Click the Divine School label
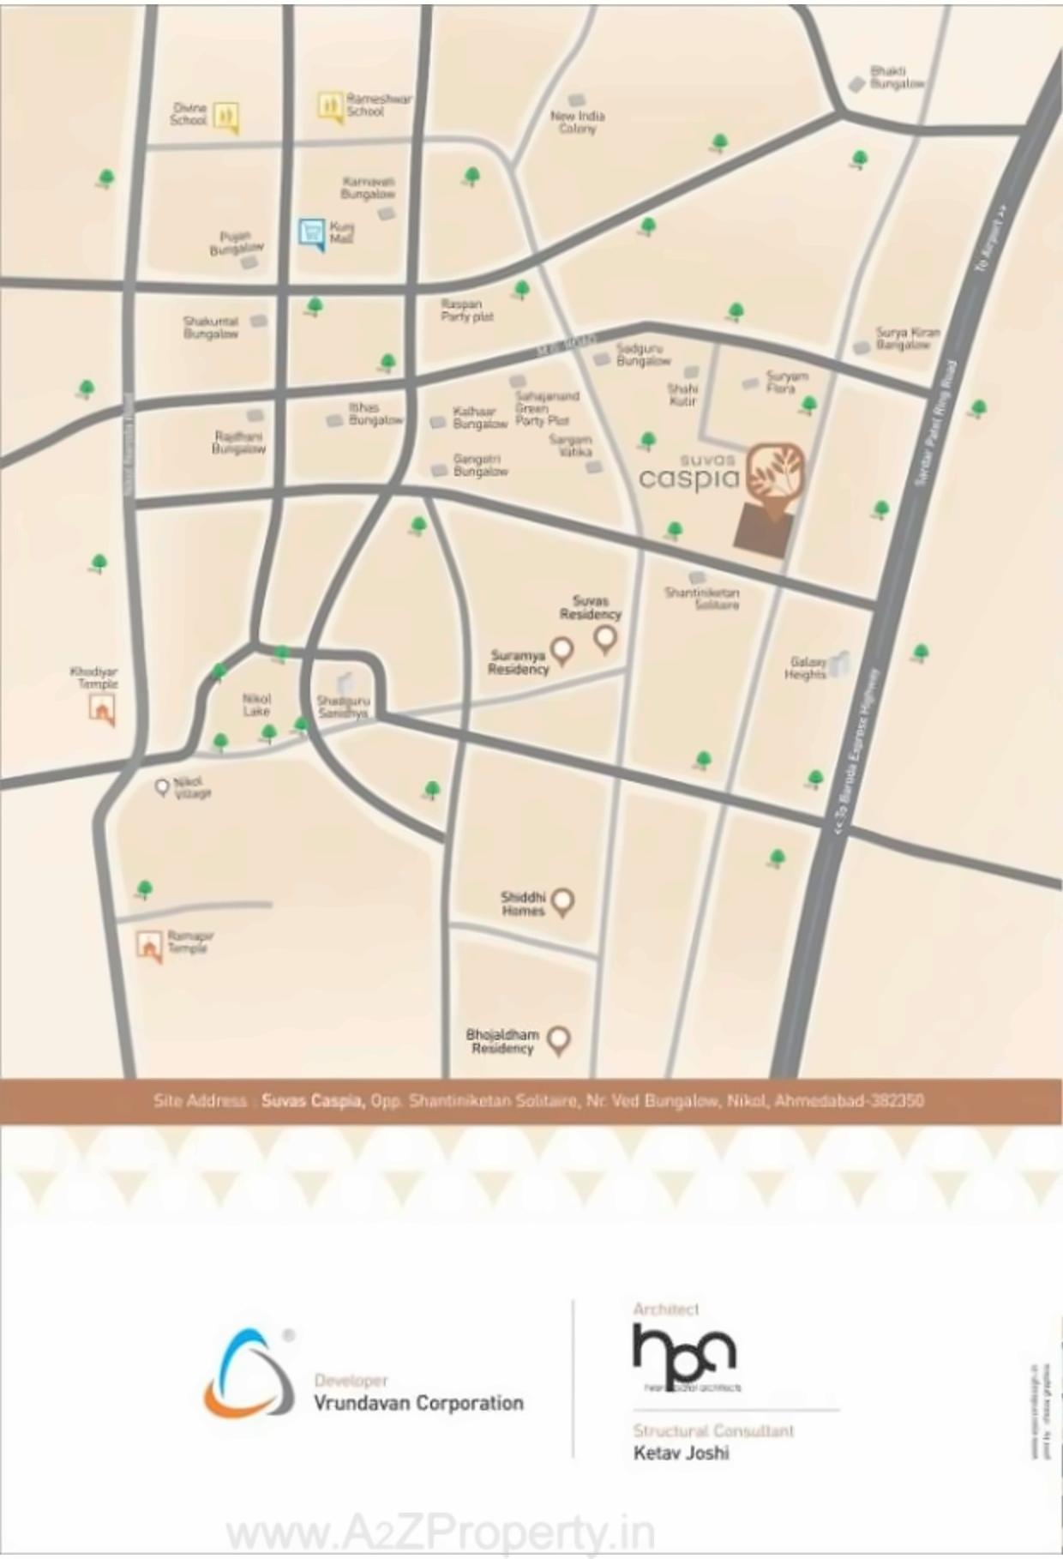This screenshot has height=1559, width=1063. coord(189,114)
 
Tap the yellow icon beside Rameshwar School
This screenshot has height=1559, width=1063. coord(331,106)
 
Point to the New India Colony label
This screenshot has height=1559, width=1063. coord(577,122)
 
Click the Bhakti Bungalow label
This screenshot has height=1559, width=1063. coord(897,78)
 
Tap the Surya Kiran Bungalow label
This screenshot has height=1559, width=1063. coord(907,339)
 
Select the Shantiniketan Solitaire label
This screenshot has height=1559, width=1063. coord(702,598)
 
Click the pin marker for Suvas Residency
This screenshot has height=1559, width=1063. coord(605,638)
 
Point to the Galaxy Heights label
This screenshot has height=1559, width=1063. coord(806,668)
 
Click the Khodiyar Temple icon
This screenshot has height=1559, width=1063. coord(103,709)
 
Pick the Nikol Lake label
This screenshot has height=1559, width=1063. coord(256,705)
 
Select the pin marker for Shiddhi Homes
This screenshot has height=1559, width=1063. coord(562,901)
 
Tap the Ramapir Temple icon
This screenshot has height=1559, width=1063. coord(150,947)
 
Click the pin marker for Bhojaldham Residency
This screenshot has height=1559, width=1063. coord(559,1040)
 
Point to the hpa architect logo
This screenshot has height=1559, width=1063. coord(684,1354)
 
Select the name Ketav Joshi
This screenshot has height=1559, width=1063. coord(682,1453)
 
